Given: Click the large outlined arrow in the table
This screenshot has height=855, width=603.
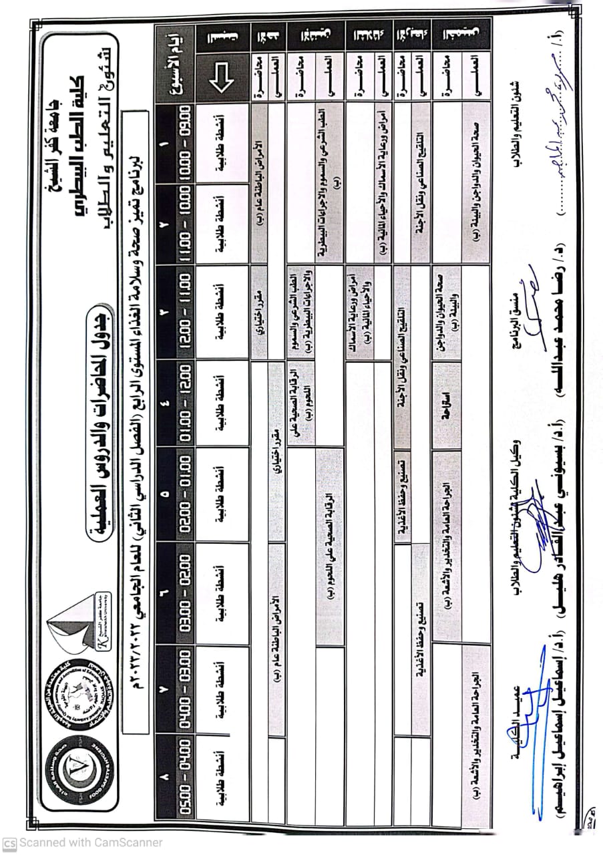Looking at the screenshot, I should point(220,80).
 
